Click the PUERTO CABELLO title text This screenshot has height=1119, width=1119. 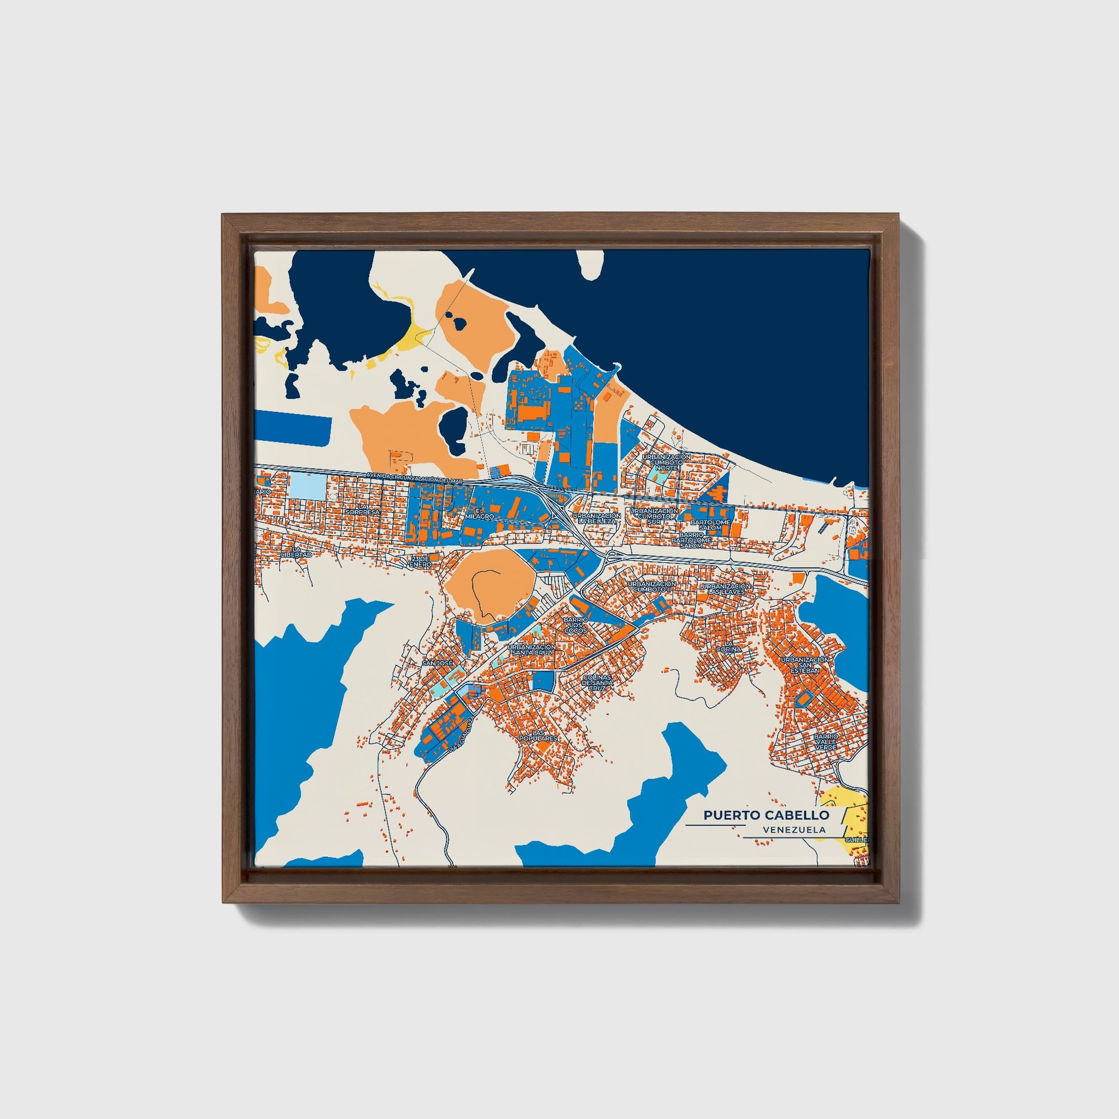(766, 815)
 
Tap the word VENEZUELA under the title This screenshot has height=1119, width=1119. (794, 830)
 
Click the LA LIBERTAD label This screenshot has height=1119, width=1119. (296, 552)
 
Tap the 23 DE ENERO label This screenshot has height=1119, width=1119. (420, 561)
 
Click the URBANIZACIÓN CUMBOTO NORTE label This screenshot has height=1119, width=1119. (666, 462)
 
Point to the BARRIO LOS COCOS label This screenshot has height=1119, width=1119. (576, 625)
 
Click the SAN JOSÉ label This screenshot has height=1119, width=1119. (436, 662)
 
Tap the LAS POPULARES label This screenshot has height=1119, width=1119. (539, 735)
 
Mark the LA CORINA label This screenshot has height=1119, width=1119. (729, 646)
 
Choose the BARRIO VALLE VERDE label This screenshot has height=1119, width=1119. (825, 742)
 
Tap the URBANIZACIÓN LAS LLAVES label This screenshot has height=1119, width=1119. (726, 589)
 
